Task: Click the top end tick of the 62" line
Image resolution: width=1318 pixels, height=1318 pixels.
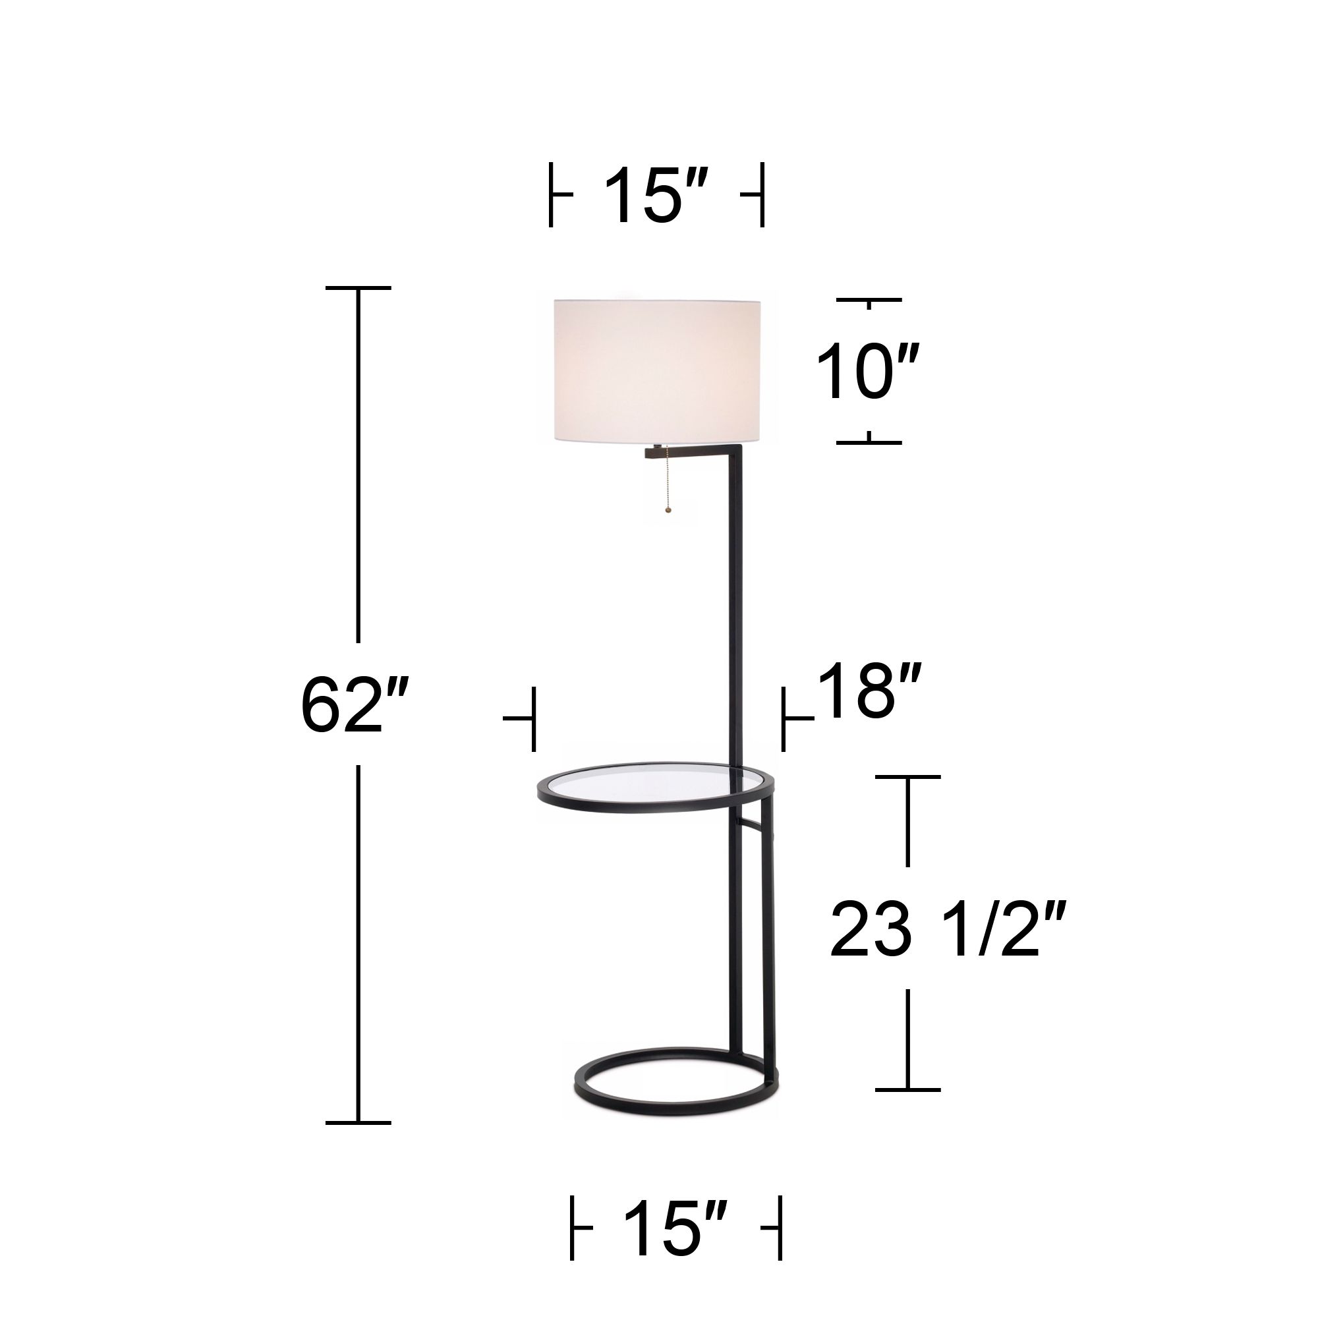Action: pos(358,289)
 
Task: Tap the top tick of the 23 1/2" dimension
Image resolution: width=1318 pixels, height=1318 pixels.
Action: pos(907,776)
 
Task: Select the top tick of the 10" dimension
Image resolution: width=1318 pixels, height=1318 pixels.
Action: pos(869,299)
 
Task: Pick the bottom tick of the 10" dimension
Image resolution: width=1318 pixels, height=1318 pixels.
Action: pos(869,442)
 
